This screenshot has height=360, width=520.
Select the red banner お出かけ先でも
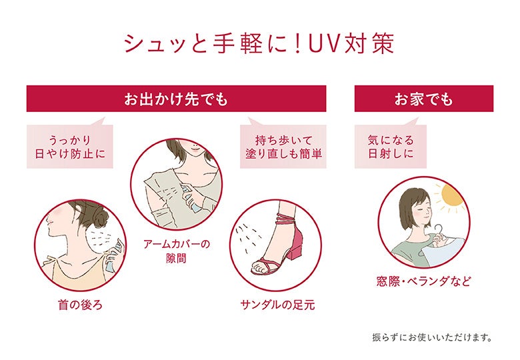[176, 99]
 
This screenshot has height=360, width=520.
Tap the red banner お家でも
[423, 99]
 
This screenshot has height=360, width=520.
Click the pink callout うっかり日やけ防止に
[70, 147]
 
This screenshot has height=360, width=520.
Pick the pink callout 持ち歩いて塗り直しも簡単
[283, 147]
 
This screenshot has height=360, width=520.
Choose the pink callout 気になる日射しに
[391, 147]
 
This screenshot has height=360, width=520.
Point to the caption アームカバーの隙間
[177, 251]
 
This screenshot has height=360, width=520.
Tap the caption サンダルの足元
[277, 305]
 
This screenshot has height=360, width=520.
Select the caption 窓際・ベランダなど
[423, 281]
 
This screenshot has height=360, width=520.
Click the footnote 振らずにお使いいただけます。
[432, 337]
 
